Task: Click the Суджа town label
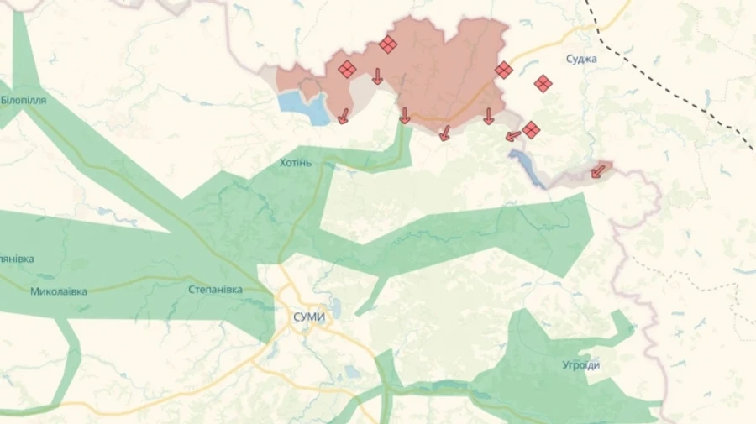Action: click(x=581, y=59)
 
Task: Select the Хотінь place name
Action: click(x=295, y=162)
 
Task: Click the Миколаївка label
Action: click(x=59, y=292)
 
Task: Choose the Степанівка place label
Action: click(x=215, y=290)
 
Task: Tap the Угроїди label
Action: click(x=581, y=365)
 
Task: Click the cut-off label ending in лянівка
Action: click(x=17, y=259)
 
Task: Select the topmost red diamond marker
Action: click(x=387, y=44)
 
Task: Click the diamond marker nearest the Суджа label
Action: click(x=543, y=83)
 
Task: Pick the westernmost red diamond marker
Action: click(x=347, y=70)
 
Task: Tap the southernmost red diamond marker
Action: click(x=530, y=130)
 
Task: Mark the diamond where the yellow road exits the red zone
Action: click(x=503, y=71)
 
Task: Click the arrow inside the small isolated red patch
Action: click(x=597, y=171)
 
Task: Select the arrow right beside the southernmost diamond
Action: click(x=512, y=135)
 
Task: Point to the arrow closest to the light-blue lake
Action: click(x=343, y=117)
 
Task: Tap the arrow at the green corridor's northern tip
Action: click(x=404, y=116)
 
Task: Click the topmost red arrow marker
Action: click(x=377, y=76)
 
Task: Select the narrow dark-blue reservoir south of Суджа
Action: click(x=528, y=168)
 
